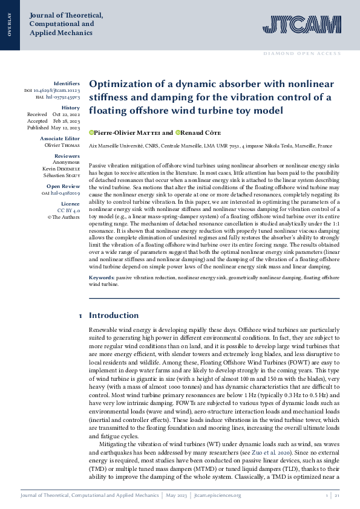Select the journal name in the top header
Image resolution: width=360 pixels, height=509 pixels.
[66, 24]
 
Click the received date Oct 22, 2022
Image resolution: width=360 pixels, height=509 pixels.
[66, 114]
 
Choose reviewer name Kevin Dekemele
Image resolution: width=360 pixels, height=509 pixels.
[61, 169]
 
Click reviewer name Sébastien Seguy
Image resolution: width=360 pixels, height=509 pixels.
[62, 175]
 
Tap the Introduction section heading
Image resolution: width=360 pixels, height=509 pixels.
[114, 316]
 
